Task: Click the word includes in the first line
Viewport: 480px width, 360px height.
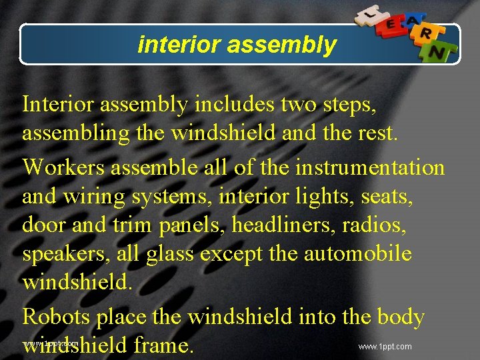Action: (x=233, y=105)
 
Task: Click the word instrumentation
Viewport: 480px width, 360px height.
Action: (x=369, y=166)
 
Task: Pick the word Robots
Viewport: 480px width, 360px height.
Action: (x=56, y=317)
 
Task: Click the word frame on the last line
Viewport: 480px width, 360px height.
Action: (x=163, y=346)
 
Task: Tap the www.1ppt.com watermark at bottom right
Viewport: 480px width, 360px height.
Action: (x=385, y=347)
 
